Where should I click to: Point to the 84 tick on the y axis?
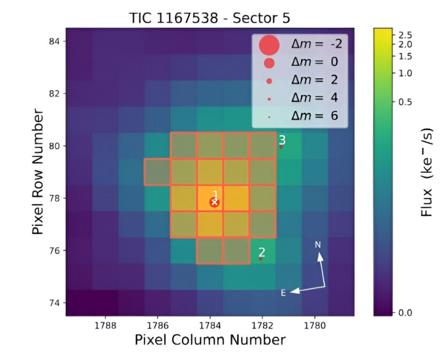click(55, 41)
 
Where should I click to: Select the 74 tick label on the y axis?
click(55, 303)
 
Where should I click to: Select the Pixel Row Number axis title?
click(37, 172)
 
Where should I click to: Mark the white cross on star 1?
click(215, 202)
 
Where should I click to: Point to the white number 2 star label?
click(262, 252)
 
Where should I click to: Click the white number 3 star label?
click(282, 140)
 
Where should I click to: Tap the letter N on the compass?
click(318, 245)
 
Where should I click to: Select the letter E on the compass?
click(284, 293)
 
